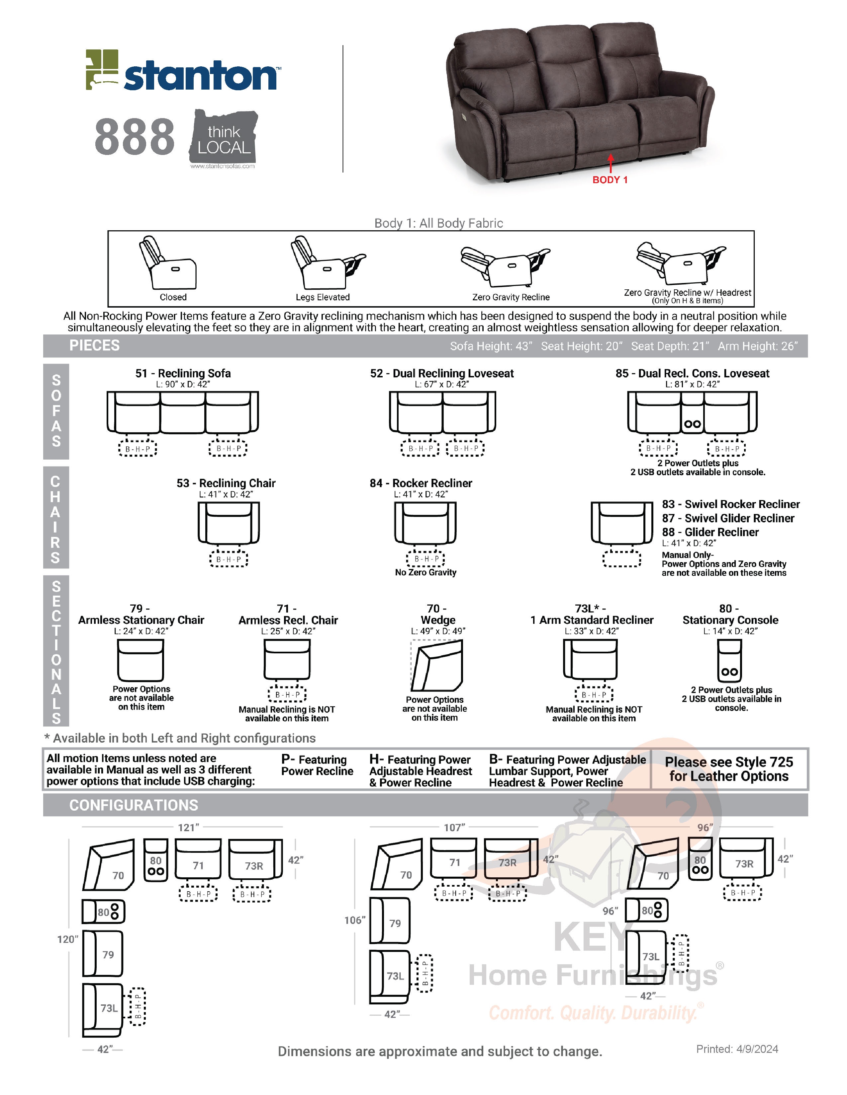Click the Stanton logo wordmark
click(x=200, y=76)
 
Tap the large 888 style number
click(x=135, y=137)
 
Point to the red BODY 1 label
click(x=610, y=180)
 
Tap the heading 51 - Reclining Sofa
click(x=183, y=373)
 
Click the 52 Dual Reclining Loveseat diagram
click(x=442, y=412)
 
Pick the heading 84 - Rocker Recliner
click(x=421, y=483)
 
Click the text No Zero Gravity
click(x=425, y=572)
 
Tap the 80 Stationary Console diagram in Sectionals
click(x=729, y=661)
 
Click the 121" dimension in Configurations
click(x=188, y=827)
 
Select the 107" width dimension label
click(x=454, y=827)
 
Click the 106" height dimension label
click(x=354, y=920)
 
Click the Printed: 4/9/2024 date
click(x=737, y=1049)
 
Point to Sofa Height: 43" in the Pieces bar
click(x=491, y=346)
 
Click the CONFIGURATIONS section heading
click(x=134, y=805)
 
